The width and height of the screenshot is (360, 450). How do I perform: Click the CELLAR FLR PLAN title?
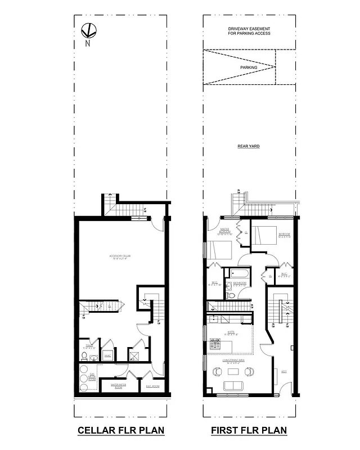point(120,431)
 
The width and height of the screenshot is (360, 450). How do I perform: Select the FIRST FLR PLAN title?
point(249,431)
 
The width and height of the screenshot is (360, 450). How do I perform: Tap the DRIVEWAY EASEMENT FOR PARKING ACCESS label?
point(249,31)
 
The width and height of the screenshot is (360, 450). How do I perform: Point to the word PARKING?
point(249,67)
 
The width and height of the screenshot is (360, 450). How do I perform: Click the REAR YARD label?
point(249,146)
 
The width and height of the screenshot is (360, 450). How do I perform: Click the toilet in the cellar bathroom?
point(84,357)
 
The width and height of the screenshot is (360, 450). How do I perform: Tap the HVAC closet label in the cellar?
point(107,355)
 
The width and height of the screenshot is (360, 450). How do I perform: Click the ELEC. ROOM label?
point(152,386)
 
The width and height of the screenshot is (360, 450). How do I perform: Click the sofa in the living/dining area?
point(233,385)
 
